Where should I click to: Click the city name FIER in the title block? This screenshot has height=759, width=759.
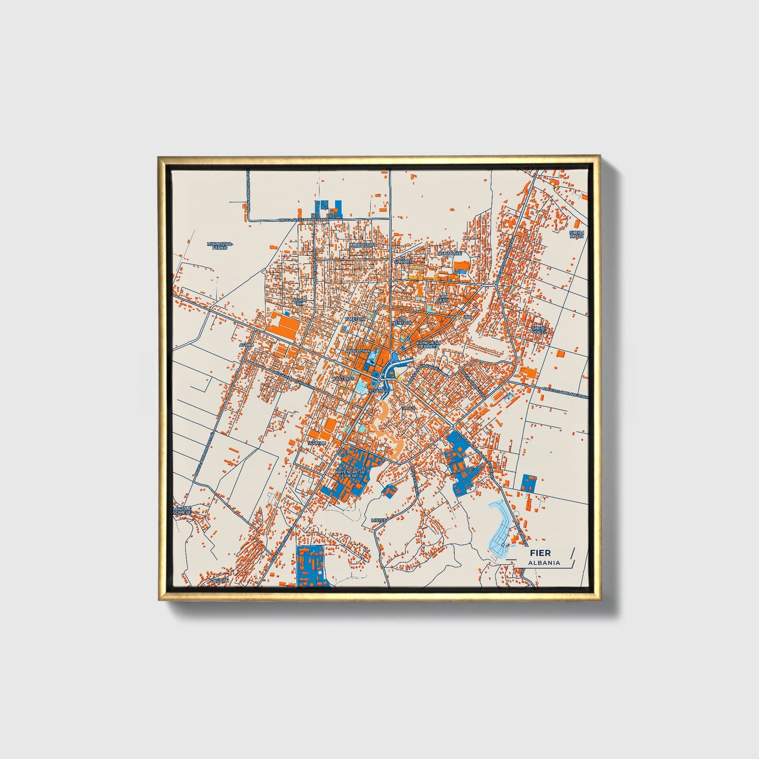click(x=540, y=553)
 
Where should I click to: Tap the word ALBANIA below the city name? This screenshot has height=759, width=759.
click(x=544, y=563)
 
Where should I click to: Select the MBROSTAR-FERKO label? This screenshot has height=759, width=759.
click(x=220, y=246)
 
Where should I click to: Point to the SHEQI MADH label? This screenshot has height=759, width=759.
click(x=577, y=234)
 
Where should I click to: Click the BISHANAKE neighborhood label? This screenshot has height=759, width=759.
click(x=449, y=253)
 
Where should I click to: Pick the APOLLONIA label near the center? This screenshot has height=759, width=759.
click(x=358, y=350)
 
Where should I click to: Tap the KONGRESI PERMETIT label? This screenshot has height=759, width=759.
click(x=428, y=345)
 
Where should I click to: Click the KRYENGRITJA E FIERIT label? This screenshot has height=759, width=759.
click(x=349, y=474)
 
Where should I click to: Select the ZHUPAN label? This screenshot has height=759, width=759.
click(x=220, y=581)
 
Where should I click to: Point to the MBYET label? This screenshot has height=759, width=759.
click(x=378, y=520)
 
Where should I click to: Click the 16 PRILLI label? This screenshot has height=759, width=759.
click(x=317, y=443)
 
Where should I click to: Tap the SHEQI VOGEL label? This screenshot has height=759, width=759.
click(x=539, y=330)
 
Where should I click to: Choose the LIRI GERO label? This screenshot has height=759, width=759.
click(x=444, y=298)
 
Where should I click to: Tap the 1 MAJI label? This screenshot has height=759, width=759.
click(x=409, y=408)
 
